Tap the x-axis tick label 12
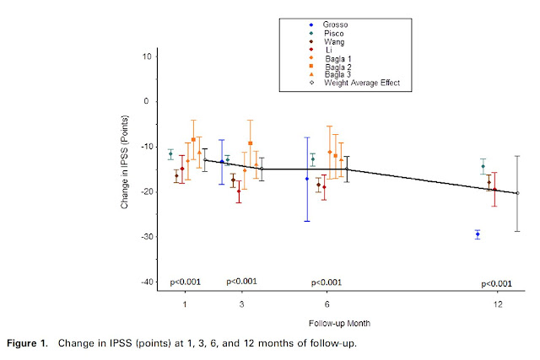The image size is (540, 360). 499,303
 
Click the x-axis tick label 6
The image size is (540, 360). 327,303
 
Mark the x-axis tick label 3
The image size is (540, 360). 242,303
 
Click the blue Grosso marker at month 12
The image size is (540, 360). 478,234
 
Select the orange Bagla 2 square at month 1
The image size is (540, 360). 193,139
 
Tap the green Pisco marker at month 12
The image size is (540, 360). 483,166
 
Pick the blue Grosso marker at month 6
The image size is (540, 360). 307,179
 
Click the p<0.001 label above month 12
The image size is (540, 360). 496,283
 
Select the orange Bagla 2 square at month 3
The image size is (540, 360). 250,143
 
